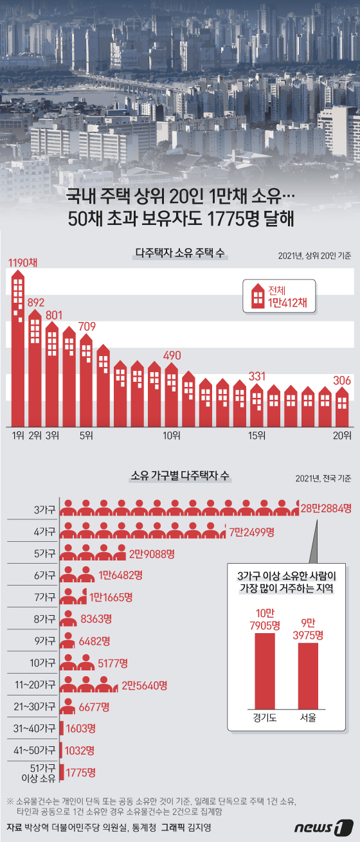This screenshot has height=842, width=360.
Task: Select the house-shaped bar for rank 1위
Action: click(19, 347)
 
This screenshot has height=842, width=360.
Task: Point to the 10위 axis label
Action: click(171, 436)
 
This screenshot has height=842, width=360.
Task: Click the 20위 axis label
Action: click(342, 436)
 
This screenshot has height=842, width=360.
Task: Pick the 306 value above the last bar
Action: click(342, 381)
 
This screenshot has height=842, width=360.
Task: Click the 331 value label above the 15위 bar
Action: click(257, 376)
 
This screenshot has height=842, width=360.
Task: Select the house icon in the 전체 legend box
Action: click(258, 296)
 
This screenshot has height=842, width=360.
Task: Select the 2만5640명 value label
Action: click(145, 686)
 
